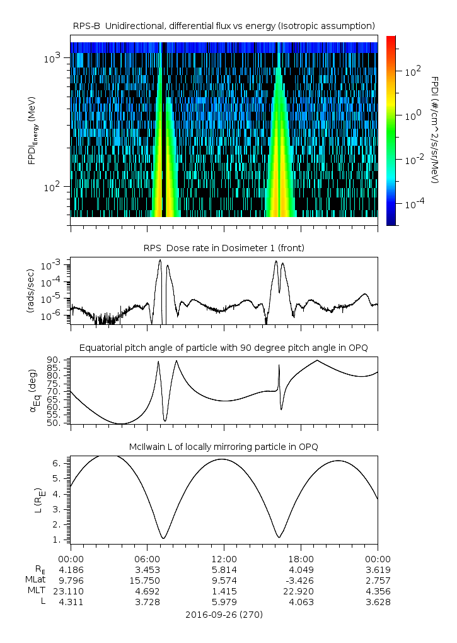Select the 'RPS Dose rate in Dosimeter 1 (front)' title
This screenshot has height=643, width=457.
(224, 248)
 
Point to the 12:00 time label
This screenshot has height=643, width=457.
(224, 559)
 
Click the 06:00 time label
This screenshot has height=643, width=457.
(148, 559)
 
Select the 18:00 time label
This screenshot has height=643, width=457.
(301, 559)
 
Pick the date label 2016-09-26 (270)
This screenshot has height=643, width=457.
(224, 615)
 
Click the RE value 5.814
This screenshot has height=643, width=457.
(224, 570)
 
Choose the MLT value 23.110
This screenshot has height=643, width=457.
(71, 591)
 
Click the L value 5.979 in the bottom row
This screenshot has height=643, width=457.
(224, 602)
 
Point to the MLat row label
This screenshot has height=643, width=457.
(35, 581)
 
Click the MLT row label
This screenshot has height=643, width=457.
(36, 591)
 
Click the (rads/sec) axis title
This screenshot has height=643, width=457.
(31, 291)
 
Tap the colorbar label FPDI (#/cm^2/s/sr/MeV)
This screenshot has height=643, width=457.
(435, 129)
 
